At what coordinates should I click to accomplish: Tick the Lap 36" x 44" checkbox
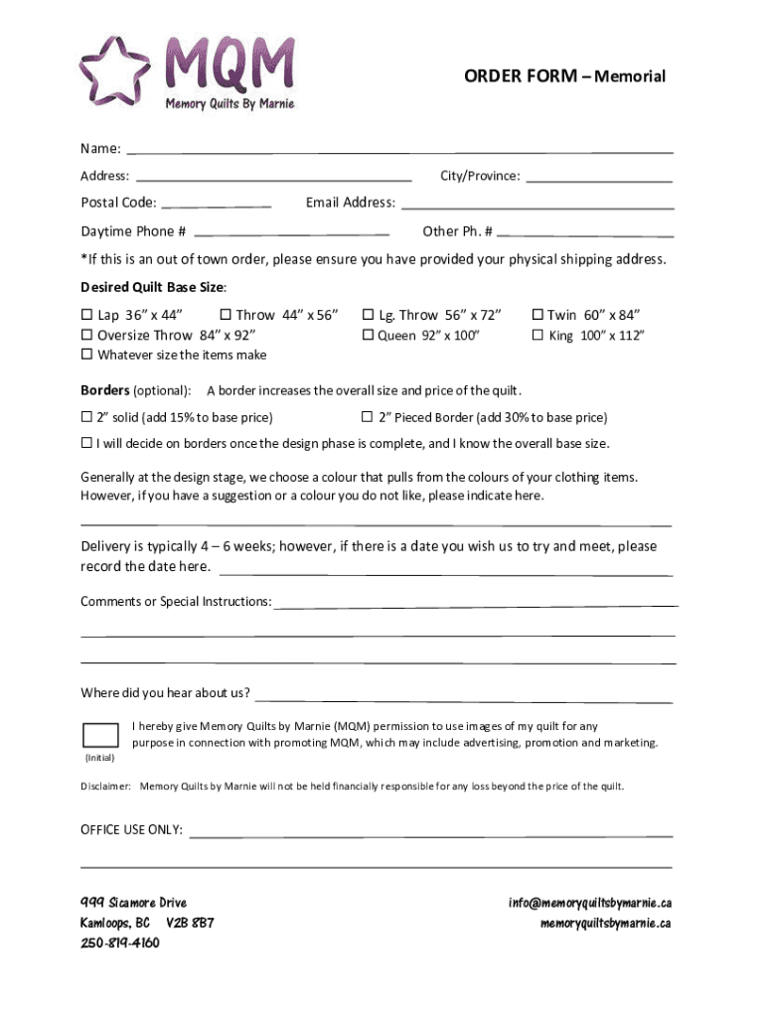pos(86,315)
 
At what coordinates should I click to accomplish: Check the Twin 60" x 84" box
pos(537,315)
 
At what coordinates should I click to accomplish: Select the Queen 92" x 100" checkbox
pos(367,335)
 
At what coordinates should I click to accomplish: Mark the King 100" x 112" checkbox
pos(537,335)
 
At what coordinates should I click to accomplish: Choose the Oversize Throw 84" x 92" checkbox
pos(86,335)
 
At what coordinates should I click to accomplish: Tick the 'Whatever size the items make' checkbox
pos(86,355)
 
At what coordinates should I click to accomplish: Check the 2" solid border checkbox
pos(86,417)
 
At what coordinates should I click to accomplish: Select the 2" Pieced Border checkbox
pos(367,417)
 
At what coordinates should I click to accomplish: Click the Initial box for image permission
pos(100,735)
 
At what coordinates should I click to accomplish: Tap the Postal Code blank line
pos(216,204)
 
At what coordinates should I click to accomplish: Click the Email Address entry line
pos(536,205)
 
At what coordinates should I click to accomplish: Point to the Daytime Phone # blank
pos(291,232)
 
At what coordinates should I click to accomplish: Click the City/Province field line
pos(599,178)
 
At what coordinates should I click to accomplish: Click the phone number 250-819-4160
pos(119,943)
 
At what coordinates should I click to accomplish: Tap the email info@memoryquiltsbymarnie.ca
pos(590,903)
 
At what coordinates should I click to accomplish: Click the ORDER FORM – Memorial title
pos(564,76)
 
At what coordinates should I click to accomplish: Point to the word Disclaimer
pos(105,787)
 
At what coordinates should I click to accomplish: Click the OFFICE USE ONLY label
pos(131,830)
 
